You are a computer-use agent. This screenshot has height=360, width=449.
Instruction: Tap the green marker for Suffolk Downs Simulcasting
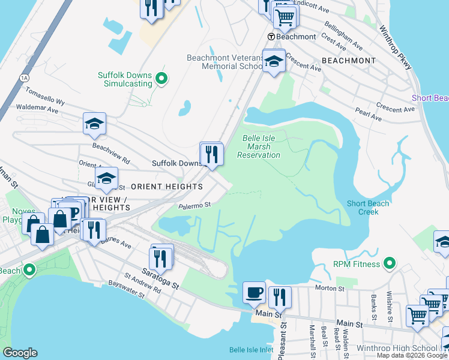coord(161,79)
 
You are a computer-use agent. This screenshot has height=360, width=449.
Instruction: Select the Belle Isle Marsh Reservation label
coord(259,146)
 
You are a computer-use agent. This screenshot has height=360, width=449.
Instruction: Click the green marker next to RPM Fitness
coord(390,263)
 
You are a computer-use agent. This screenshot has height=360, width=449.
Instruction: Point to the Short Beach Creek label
coord(367,208)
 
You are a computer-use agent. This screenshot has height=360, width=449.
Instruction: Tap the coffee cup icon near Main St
coord(254,292)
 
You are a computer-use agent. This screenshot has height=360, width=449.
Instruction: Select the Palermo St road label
coord(194,205)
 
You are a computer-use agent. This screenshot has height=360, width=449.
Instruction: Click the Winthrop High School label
coord(405,348)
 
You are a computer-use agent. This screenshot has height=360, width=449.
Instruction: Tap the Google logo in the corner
coord(20,353)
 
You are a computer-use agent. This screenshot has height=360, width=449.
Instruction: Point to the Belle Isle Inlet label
coord(251,350)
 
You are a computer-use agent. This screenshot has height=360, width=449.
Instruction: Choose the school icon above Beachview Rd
coord(94,124)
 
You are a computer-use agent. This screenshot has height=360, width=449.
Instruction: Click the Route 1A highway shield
coord(24,77)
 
